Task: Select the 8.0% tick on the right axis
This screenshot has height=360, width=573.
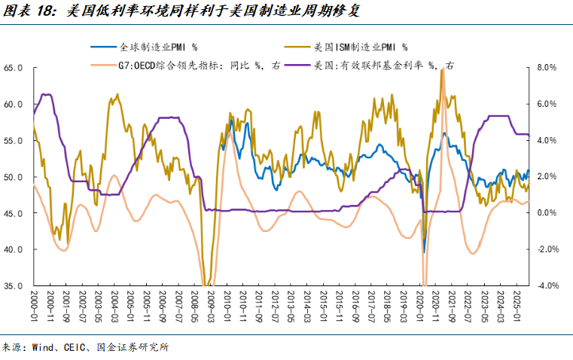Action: tap(545, 68)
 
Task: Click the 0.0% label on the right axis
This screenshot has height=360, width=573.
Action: tap(545, 213)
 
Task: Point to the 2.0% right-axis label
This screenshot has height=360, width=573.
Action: tap(545, 177)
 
